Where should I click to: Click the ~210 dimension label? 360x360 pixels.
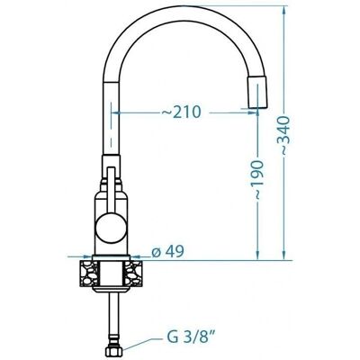pyautogui.click(x=181, y=112)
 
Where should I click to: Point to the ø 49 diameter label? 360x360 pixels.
pyautogui.click(x=167, y=251)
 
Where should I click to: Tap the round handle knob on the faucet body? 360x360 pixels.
pyautogui.click(x=111, y=228)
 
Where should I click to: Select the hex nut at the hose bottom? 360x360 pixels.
pyautogui.click(x=113, y=350)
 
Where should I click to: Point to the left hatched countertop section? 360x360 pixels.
pyautogui.click(x=89, y=274)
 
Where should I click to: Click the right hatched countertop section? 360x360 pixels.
pyautogui.click(x=133, y=274)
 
